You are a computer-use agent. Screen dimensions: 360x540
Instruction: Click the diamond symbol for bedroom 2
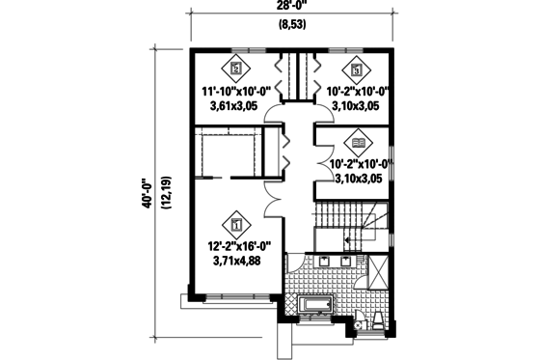coord(237,69)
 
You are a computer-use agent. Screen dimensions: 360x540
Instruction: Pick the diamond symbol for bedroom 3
coord(356,69)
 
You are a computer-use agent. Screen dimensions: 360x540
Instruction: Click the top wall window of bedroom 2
coord(248,47)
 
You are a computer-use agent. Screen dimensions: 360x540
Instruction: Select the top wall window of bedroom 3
coord(344,47)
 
